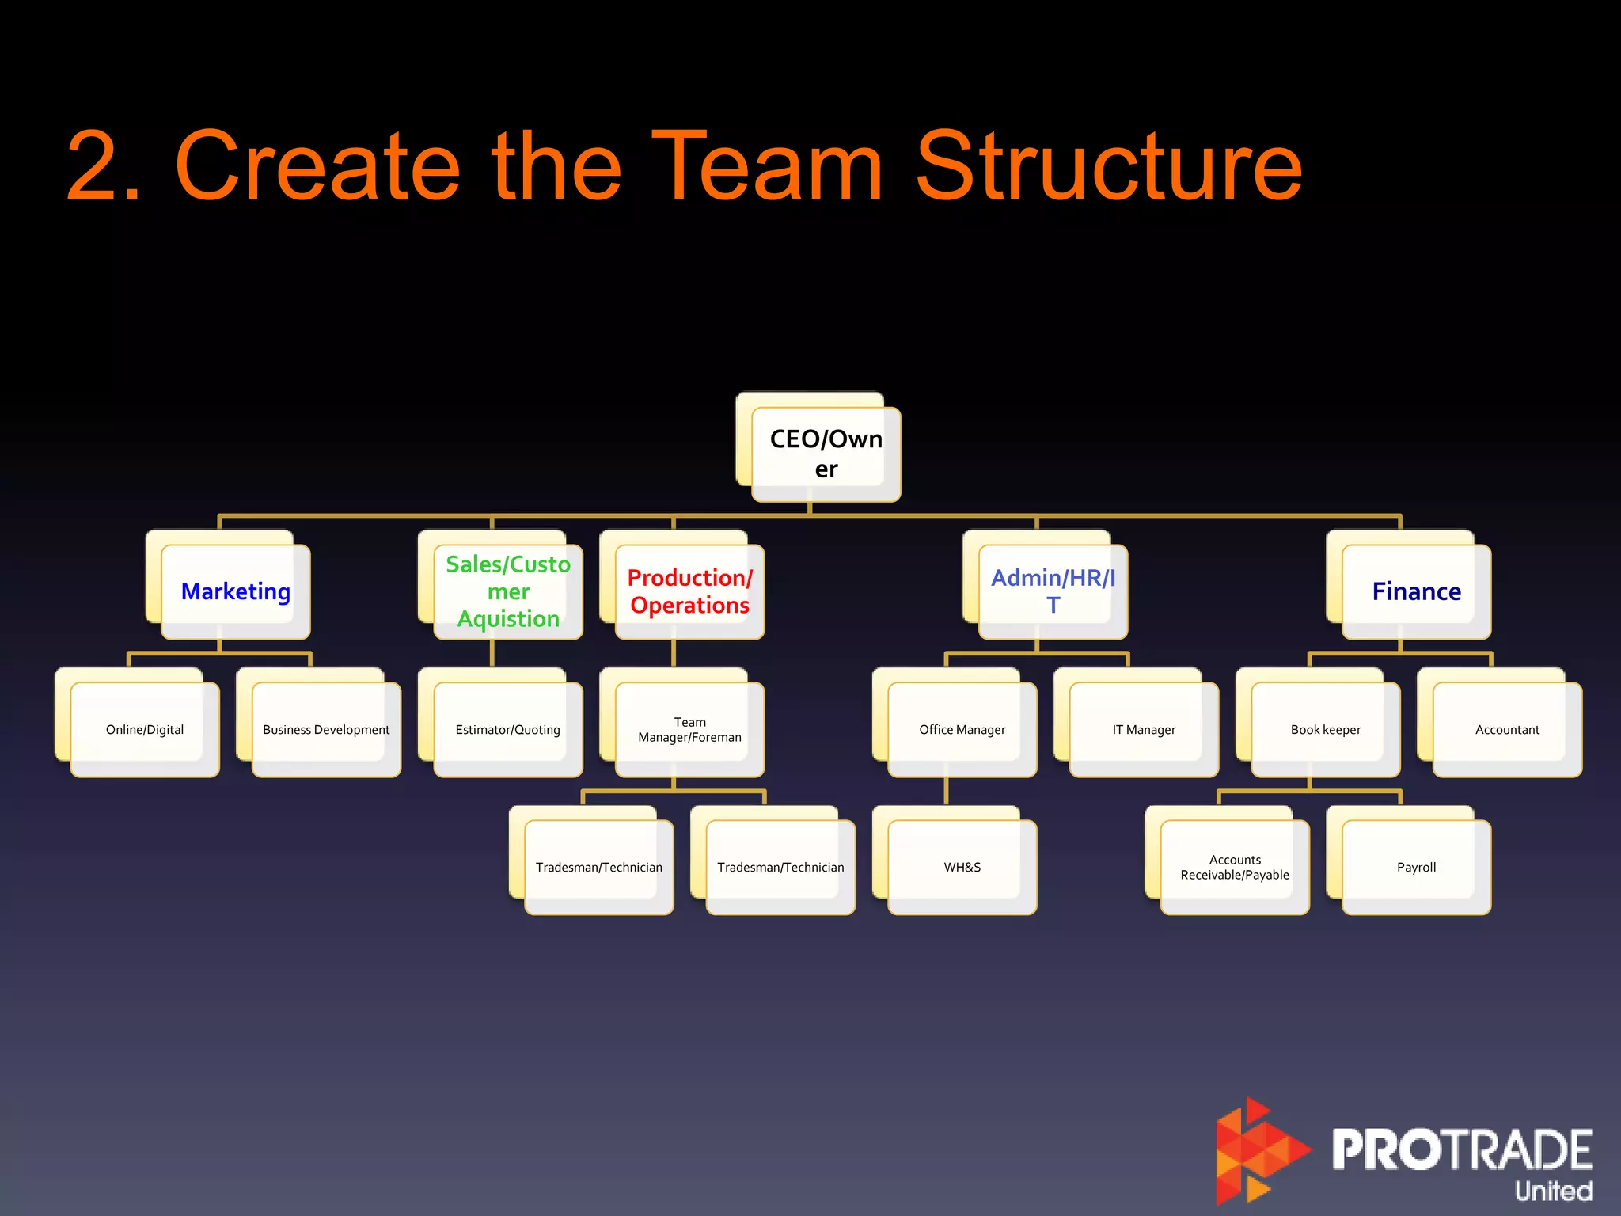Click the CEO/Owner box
point(826,454)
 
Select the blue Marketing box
point(236,591)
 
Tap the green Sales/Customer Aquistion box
point(508,591)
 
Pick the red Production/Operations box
point(689,591)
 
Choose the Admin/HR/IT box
point(1053,591)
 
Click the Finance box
point(1416,591)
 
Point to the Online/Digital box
point(145,729)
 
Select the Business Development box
point(326,729)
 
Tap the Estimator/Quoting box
point(508,729)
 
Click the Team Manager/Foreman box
point(689,729)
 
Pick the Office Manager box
point(962,729)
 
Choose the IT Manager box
point(1144,729)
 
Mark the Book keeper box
point(1326,729)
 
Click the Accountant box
point(1507,729)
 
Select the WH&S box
point(962,867)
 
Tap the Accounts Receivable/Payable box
point(1235,867)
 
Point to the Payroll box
point(1416,867)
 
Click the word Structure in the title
point(1108,166)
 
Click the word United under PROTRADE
point(1553,1190)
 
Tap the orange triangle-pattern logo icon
point(1258,1152)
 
